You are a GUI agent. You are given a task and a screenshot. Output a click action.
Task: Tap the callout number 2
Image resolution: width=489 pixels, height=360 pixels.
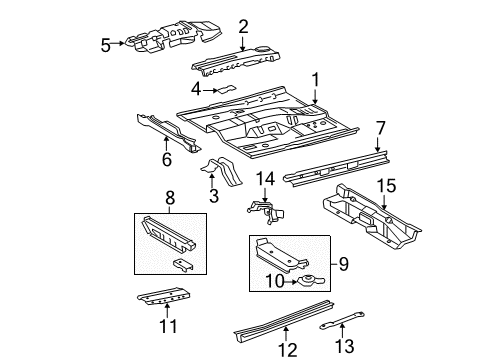coord(242,26)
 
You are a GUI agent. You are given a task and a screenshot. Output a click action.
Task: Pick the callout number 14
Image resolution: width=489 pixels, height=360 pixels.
coord(264,179)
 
